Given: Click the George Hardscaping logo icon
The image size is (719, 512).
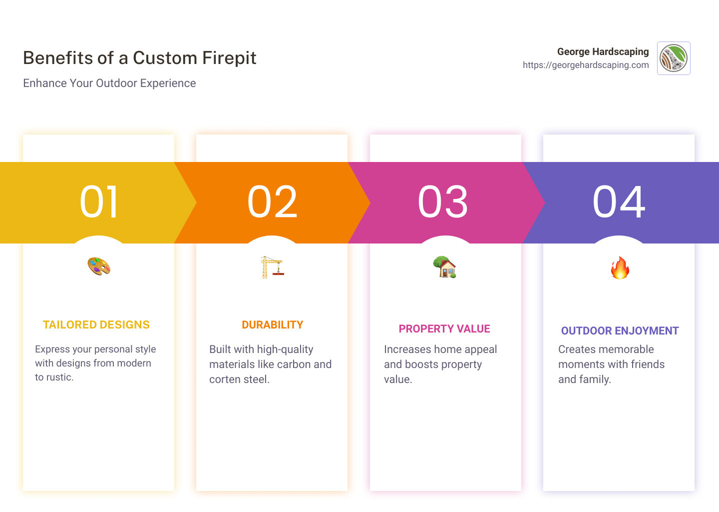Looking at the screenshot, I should point(674,58).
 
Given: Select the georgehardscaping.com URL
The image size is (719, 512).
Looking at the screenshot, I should point(586,65).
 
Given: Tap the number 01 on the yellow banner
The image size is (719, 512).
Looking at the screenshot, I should point(99,202).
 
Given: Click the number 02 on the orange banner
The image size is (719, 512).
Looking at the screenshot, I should point(273,202).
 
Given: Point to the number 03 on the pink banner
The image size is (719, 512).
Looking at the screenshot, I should point(443,202).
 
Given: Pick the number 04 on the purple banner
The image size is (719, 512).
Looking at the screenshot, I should point(619,202).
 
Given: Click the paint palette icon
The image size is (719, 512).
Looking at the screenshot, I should point(99,266).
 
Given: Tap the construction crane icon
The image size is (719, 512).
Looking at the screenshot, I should point(272,267).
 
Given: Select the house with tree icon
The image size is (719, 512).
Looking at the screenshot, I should point(444,267).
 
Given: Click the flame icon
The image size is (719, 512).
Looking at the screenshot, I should point(620,268).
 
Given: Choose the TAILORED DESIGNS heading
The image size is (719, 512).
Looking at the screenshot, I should point(96,325).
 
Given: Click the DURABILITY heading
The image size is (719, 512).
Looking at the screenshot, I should point(273,325).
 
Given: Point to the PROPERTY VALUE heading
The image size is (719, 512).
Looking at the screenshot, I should point(444,329).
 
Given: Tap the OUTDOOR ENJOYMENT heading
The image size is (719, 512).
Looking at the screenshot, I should point(620,331).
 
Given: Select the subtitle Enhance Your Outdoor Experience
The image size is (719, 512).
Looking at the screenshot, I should point(109,83).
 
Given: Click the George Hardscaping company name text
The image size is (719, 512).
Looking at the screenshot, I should point(603,52).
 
